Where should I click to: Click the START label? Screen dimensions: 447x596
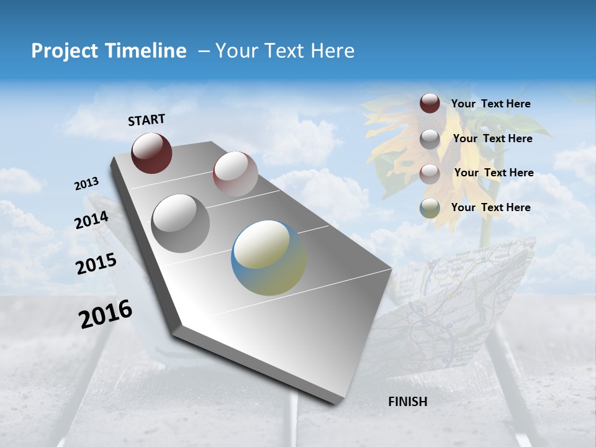pos(147,120)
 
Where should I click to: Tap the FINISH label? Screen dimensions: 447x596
pos(407,402)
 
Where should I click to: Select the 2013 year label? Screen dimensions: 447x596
pos(87,184)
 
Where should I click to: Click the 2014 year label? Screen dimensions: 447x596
pos(92,220)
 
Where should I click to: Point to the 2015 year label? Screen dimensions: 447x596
pos(96,264)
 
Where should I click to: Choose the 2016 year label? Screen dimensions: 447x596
pos(106,314)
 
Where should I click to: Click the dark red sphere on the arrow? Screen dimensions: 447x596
pos(151,153)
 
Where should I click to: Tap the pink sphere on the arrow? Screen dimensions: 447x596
pos(235,174)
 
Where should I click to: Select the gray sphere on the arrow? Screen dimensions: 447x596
pos(181,223)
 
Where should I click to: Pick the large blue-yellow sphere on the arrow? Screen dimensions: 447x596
pos(269,258)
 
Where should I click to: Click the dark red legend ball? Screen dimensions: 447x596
pos(430,104)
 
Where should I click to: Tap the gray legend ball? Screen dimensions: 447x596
pos(430,139)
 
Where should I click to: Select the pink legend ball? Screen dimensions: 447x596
pos(430,174)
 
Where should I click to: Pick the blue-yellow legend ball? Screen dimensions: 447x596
pos(430,209)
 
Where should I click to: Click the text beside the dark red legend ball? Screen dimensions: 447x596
pos(490,104)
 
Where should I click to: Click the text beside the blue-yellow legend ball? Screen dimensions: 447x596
pos(490,207)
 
